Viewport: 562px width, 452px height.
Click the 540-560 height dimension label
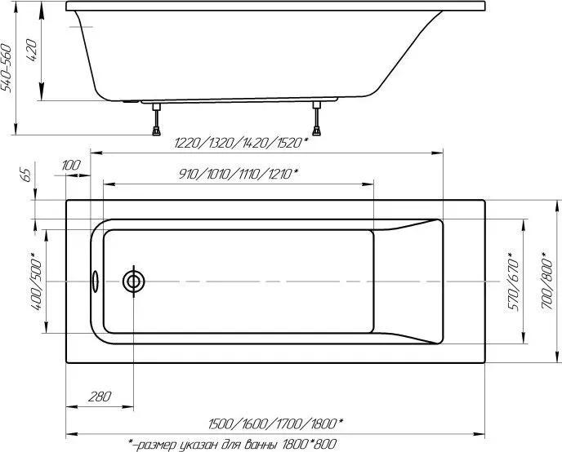click(x=7, y=68)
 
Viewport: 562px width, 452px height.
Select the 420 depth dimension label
click(x=32, y=50)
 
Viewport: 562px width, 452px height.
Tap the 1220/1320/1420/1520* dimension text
click(x=241, y=143)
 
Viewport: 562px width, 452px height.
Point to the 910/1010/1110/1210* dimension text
click(x=239, y=175)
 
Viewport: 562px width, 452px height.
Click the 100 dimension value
click(x=71, y=166)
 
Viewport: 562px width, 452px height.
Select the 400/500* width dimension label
click(x=37, y=281)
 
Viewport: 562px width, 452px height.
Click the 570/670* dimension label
click(x=513, y=281)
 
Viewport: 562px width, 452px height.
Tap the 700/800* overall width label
click(x=547, y=280)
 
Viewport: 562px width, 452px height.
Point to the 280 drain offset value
click(x=100, y=397)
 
